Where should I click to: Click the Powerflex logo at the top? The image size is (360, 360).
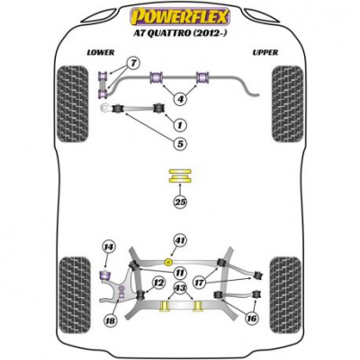[179, 17]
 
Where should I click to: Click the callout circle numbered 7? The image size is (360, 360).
[134, 63]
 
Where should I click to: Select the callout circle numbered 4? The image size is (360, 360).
[180, 98]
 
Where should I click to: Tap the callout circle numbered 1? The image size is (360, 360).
[180, 125]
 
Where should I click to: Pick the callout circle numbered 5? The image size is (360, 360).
[180, 144]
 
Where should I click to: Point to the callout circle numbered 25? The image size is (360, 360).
[180, 202]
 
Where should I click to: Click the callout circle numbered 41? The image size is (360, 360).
[180, 240]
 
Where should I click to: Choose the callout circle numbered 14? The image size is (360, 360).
[109, 247]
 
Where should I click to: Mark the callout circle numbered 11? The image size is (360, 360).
[180, 273]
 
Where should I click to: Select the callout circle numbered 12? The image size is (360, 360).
[159, 283]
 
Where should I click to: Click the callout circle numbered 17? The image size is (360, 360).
[200, 283]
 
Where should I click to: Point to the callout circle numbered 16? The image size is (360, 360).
[251, 319]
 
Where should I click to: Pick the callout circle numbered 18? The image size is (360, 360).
[110, 320]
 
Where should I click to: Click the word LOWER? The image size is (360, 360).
[101, 52]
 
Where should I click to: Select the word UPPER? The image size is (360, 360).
[265, 52]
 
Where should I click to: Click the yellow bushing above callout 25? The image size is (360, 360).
[179, 176]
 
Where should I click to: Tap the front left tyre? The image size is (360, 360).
[73, 103]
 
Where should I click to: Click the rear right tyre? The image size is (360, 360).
[286, 295]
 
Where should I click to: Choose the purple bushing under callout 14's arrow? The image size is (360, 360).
[104, 274]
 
